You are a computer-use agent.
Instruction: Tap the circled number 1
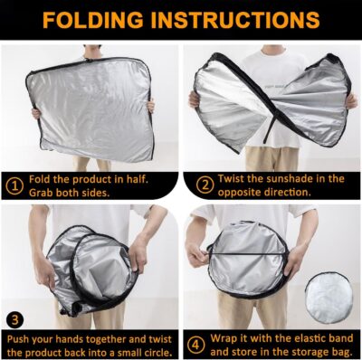point(15,186)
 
